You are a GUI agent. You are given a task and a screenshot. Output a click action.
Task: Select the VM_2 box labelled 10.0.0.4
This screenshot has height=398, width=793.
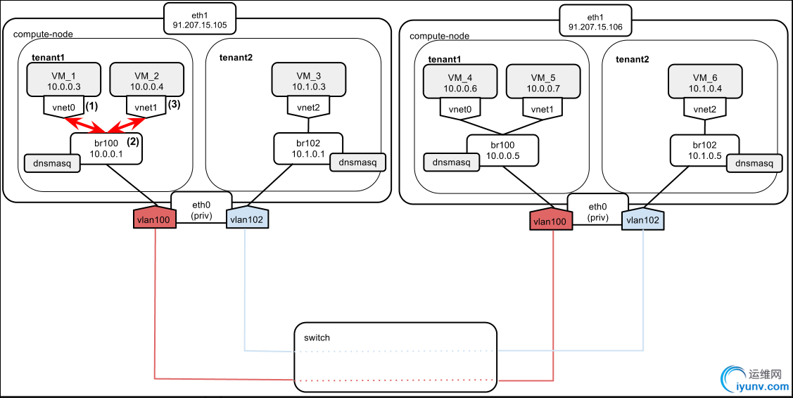[146, 80]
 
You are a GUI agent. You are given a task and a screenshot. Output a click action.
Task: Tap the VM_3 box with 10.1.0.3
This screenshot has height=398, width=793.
[308, 80]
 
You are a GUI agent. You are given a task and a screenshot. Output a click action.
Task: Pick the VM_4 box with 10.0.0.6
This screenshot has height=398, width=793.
[459, 82]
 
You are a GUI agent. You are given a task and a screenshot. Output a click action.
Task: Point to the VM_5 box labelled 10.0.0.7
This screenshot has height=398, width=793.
[542, 82]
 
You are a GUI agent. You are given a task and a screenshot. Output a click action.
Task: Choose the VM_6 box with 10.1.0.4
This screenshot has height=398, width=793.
[704, 82]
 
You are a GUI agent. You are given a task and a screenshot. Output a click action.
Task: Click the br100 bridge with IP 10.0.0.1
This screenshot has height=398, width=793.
[106, 148]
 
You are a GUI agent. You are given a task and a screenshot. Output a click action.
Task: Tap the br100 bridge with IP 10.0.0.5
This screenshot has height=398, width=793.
[502, 150]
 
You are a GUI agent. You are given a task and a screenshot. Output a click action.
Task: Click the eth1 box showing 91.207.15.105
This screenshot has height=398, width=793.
[199, 18]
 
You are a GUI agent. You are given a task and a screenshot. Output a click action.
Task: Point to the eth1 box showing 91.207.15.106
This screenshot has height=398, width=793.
[595, 21]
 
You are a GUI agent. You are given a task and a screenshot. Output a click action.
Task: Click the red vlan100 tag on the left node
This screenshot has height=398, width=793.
[154, 219]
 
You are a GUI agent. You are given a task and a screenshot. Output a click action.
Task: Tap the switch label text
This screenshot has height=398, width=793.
[317, 338]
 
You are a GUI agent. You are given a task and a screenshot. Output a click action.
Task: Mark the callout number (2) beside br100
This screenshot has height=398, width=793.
[132, 140]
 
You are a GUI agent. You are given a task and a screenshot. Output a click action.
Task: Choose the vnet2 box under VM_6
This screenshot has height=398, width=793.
[704, 109]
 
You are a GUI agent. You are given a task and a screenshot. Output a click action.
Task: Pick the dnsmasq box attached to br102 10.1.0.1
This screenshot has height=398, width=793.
[357, 162]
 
